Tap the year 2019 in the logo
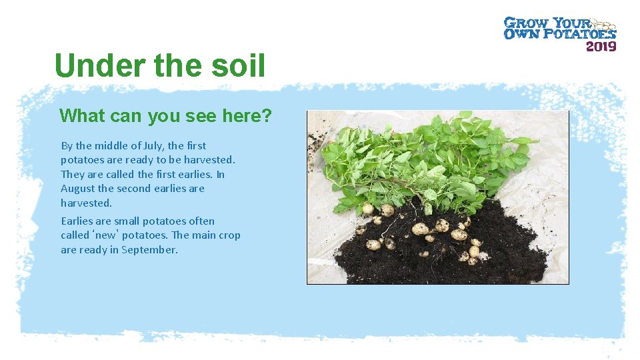[x=601, y=46]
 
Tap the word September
[x=149, y=250]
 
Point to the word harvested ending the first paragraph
[x=86, y=203]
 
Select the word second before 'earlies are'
[x=134, y=189]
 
